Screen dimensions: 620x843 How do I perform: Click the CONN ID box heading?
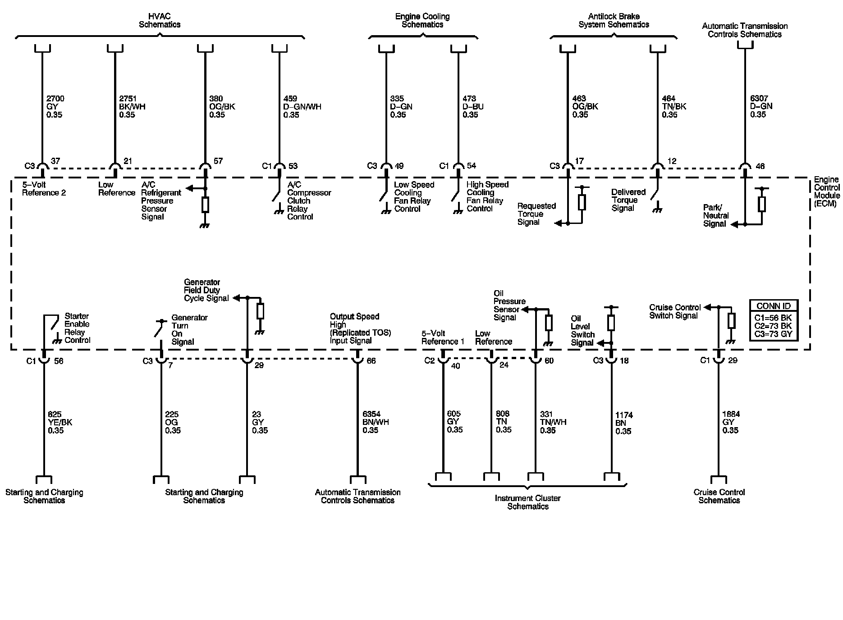(x=774, y=306)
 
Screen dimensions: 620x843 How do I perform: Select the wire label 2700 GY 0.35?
(x=55, y=107)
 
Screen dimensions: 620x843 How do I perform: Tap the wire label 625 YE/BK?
(x=60, y=422)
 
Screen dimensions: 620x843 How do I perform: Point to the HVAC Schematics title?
(x=160, y=20)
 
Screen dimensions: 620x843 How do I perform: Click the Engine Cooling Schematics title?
(x=422, y=20)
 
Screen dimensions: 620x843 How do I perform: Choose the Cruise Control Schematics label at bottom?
(x=719, y=496)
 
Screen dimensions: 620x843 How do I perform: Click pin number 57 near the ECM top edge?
(x=218, y=161)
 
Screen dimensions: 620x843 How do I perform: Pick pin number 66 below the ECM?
(x=371, y=361)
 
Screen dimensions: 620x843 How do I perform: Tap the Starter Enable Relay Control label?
(x=77, y=328)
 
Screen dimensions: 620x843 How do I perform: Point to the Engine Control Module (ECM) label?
(x=827, y=191)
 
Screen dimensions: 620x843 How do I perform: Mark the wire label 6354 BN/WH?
(x=376, y=422)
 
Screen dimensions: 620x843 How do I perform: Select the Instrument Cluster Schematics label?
(x=527, y=502)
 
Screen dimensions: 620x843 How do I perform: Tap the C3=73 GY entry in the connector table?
(x=774, y=334)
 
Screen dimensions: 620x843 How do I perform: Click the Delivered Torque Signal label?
(x=628, y=200)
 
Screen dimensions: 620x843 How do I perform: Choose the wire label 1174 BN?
(x=623, y=423)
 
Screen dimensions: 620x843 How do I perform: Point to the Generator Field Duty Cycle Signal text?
(x=206, y=290)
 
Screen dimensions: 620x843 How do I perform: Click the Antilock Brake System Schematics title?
(x=614, y=20)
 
